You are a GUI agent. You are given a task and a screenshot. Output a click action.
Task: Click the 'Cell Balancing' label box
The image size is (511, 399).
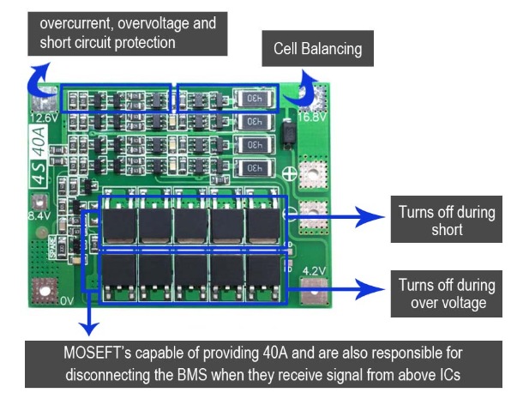click(x=318, y=49)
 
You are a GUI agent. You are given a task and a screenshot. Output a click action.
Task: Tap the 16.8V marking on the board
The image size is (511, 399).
click(x=312, y=117)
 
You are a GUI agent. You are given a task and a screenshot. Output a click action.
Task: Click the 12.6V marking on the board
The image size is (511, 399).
click(x=45, y=118)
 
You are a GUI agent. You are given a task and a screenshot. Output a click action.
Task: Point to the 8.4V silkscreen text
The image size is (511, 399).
click(x=39, y=215)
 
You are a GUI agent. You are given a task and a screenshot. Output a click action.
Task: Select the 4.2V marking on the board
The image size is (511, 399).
click(x=314, y=270)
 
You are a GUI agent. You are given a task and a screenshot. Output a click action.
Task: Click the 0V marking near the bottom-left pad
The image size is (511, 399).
click(x=67, y=300)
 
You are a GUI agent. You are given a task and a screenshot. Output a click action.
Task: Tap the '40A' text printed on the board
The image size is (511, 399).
click(x=39, y=142)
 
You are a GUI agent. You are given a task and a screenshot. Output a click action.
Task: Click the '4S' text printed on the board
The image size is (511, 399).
click(x=39, y=174)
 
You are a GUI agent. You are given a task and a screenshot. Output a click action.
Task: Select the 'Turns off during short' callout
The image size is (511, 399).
click(x=447, y=220)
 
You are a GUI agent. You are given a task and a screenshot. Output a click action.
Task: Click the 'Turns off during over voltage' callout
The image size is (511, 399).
click(x=447, y=293)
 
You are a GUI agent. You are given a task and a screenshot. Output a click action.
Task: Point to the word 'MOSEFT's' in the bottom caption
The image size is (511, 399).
click(x=98, y=353)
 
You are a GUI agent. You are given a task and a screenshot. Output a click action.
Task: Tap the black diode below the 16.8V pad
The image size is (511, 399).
click(x=288, y=134)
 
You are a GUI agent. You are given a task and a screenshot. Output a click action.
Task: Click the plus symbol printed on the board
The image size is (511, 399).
click(x=290, y=173)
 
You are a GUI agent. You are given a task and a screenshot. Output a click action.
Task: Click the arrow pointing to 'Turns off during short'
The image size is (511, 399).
click(x=336, y=216)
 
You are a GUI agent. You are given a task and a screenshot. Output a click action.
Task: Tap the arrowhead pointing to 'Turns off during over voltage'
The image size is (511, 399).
click(x=370, y=289)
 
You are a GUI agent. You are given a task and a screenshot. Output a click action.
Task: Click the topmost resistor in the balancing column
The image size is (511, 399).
click(x=255, y=98)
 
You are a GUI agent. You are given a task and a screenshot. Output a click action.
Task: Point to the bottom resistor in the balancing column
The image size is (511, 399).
click(x=255, y=168)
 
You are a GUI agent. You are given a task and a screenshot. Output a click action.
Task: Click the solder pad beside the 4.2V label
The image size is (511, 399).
click(x=314, y=292)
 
